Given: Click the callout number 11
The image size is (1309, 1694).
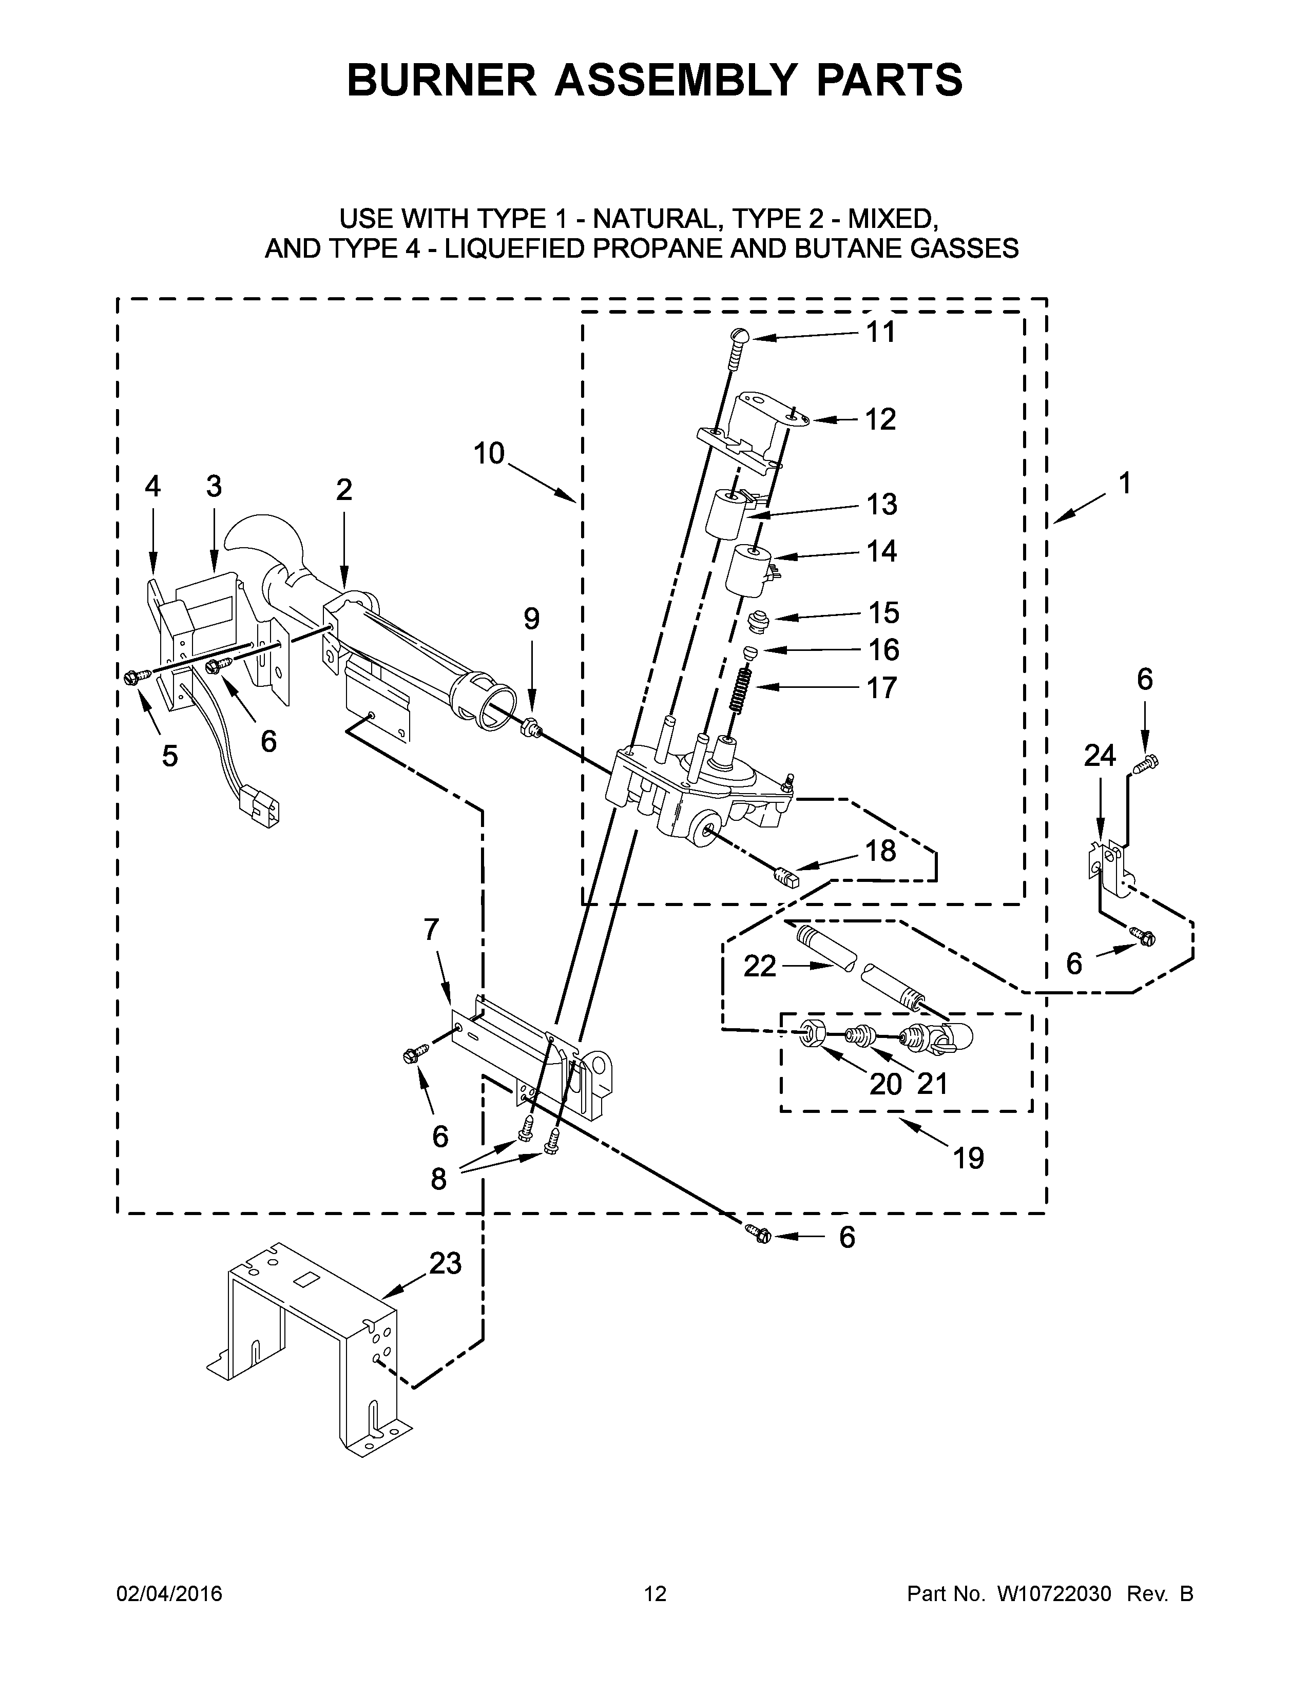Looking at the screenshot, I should pyautogui.click(x=880, y=332).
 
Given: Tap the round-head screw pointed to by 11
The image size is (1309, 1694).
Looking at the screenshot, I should pyautogui.click(x=739, y=337).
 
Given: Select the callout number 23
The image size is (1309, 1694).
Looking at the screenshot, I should pyautogui.click(x=445, y=1263).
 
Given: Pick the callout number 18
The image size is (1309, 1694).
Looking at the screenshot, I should pyautogui.click(x=880, y=851).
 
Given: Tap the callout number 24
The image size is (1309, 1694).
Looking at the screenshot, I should pyautogui.click(x=1100, y=755).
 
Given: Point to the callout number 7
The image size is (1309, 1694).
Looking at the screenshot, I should pyautogui.click(x=431, y=929).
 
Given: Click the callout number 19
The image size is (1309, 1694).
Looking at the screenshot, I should pyautogui.click(x=968, y=1180).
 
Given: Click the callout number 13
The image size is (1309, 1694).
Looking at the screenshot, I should pyautogui.click(x=882, y=504).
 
